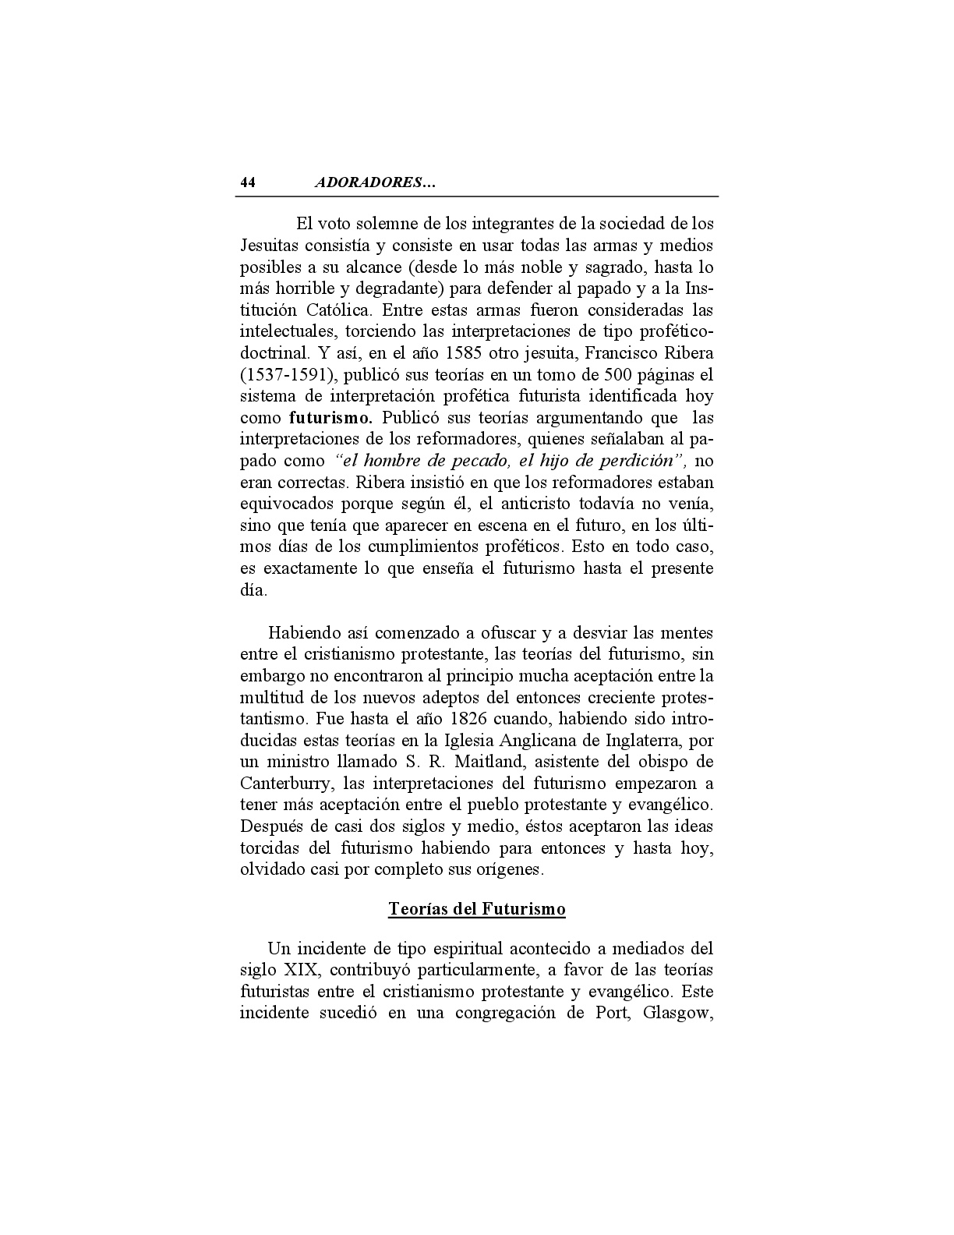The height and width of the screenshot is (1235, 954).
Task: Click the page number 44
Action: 248,183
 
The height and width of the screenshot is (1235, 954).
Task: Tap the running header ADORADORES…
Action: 375,183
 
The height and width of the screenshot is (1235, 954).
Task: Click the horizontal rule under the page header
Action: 479,196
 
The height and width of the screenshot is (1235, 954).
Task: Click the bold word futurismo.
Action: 330,418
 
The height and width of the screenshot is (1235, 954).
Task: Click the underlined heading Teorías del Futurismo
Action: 477,909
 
